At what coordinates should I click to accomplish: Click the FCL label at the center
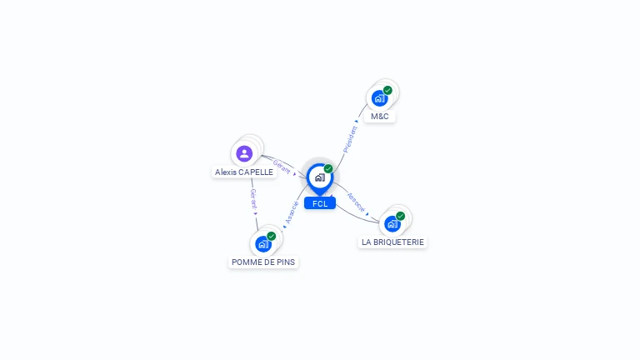coord(320,203)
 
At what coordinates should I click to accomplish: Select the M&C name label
coord(379,117)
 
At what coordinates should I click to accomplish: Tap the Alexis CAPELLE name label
coord(243,172)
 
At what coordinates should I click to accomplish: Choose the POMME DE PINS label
coord(263,262)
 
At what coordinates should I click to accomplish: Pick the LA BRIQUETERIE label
coord(392,242)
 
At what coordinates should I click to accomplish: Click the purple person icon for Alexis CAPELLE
coord(244,153)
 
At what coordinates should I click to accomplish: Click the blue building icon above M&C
coord(379,98)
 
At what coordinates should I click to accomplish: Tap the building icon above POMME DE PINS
coord(262,244)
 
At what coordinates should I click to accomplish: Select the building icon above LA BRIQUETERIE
coord(392,223)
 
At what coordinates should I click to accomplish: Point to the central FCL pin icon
coord(319,177)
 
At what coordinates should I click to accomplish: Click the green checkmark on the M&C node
coord(387,90)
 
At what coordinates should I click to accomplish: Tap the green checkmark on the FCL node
coord(328,169)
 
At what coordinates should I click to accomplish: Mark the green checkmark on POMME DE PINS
coord(271,236)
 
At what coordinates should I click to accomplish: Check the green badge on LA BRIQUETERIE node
coord(400,216)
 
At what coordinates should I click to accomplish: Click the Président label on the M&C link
coord(351,137)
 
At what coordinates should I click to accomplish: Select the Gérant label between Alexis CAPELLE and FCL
coord(282,166)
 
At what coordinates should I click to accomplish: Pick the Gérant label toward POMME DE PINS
coord(253,198)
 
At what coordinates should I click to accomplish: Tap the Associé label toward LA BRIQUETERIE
coord(356,202)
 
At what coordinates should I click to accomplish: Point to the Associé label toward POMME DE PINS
coord(292,213)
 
